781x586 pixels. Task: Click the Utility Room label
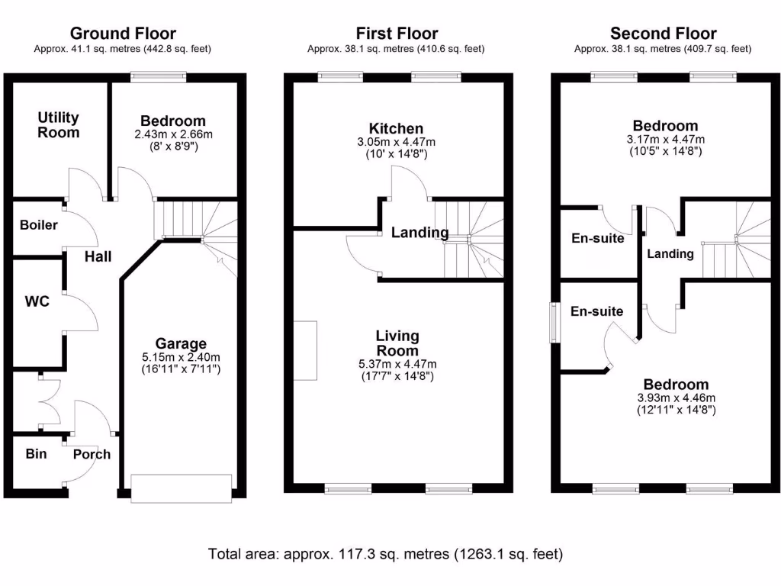[x=59, y=125]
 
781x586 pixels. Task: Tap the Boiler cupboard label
[x=38, y=225]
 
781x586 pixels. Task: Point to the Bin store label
[x=36, y=454]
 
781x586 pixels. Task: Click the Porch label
[x=92, y=454]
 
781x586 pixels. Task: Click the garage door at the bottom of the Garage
[x=181, y=488]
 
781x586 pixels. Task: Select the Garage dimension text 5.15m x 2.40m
[x=182, y=357]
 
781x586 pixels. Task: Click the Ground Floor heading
[x=123, y=34]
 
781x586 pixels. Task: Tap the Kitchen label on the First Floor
[x=396, y=128]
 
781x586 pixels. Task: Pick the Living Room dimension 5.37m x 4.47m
[x=397, y=363]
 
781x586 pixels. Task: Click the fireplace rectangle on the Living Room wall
[x=305, y=351]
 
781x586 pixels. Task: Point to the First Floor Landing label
[x=419, y=233]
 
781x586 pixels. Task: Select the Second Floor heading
[x=663, y=34]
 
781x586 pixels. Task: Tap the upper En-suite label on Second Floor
[x=598, y=238]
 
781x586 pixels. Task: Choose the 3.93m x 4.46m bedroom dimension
[x=665, y=398]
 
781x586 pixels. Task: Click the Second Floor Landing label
[x=670, y=254]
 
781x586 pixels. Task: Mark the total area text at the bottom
[x=385, y=554]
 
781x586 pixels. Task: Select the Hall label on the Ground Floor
[x=98, y=256]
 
